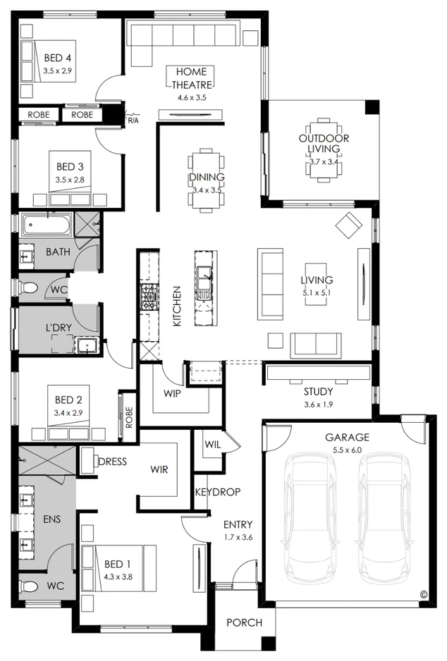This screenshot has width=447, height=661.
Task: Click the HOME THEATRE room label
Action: tap(192, 78)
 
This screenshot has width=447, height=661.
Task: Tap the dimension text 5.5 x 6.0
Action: tap(347, 449)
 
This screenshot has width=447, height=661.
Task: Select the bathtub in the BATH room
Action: tap(47, 226)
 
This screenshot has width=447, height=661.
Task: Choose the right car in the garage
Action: tap(385, 514)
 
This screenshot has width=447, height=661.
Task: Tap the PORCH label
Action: tap(244, 622)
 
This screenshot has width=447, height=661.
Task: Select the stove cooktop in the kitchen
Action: tap(149, 296)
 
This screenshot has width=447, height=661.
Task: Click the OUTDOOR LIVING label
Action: tap(324, 144)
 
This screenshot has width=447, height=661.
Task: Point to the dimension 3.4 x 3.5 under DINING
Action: tap(207, 190)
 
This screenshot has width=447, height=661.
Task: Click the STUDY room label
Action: tap(318, 391)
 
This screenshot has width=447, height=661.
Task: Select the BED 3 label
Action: tap(71, 167)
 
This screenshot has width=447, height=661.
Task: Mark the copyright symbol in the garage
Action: tap(424, 594)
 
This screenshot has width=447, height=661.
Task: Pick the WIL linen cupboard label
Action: tap(213, 445)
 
